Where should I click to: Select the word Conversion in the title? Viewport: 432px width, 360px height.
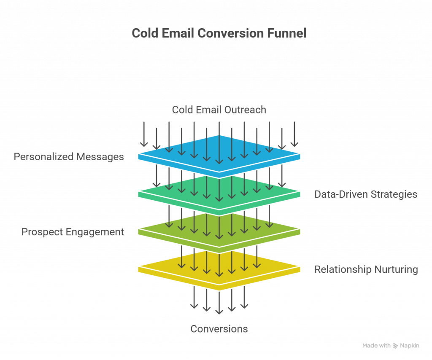(230, 34)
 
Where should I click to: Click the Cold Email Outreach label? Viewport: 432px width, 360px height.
(219, 110)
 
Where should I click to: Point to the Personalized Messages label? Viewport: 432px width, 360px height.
(69, 157)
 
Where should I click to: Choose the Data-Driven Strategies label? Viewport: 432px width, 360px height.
(366, 194)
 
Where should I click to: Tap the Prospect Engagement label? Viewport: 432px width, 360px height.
(73, 232)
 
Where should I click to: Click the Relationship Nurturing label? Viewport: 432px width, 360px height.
(366, 270)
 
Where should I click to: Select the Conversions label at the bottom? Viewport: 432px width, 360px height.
(219, 329)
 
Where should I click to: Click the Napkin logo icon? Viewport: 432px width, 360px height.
(396, 346)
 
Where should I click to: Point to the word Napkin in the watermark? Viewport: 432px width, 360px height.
(410, 346)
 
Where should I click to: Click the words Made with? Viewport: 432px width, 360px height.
(376, 346)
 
